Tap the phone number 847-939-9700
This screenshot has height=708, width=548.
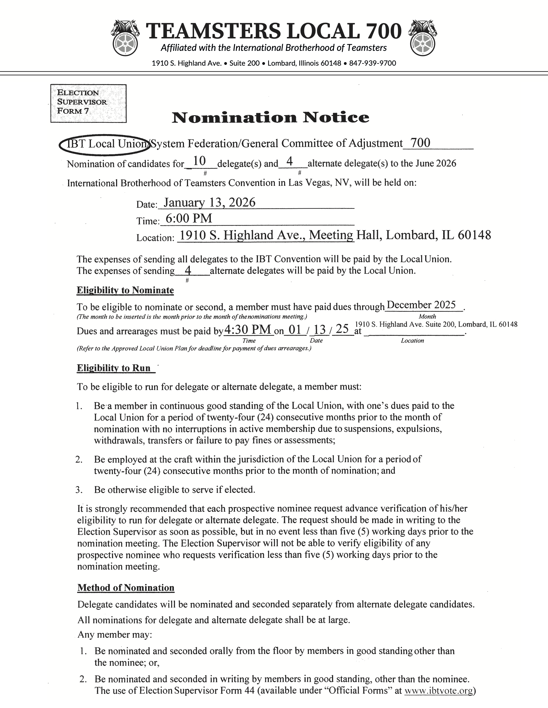[x=372, y=63]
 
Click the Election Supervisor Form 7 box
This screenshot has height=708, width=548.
[x=88, y=103]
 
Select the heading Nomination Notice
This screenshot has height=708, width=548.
[x=270, y=117]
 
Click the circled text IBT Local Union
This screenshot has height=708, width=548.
[x=104, y=144]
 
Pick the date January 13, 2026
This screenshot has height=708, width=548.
[x=209, y=203]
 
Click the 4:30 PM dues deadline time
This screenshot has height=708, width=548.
[x=248, y=330]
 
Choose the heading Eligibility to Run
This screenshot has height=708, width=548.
[x=114, y=368]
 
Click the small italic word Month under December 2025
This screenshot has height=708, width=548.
[x=427, y=316]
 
